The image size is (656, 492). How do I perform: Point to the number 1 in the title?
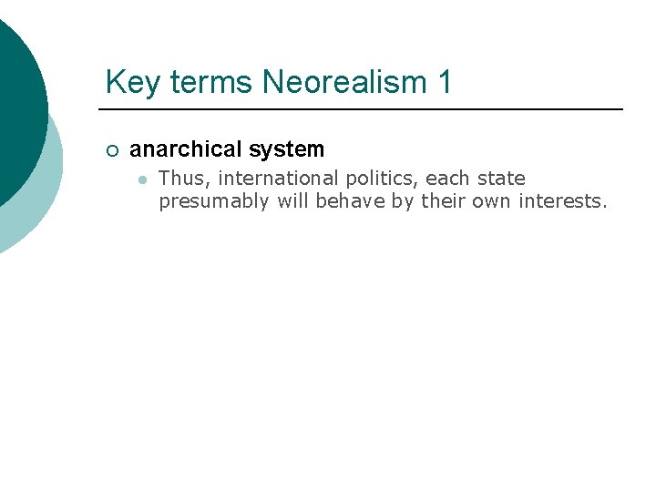click(x=444, y=83)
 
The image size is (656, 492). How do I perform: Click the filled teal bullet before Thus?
click(x=142, y=179)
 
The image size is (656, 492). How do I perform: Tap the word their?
click(x=444, y=200)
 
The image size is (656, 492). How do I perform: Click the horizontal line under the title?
click(x=364, y=109)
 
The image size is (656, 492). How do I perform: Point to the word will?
click(x=293, y=200)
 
